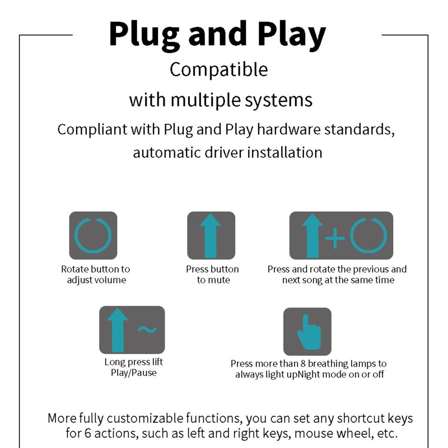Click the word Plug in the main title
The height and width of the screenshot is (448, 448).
[x=144, y=35]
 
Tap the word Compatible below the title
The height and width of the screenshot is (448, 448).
[x=218, y=69]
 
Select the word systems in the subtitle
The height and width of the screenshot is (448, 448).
[x=278, y=100]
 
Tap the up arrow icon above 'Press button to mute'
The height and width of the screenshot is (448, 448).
[x=211, y=236]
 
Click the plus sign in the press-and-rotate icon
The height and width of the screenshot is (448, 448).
[x=335, y=238]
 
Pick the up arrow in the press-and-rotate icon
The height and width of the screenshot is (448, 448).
[x=312, y=236]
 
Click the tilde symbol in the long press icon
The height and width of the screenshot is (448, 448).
[x=147, y=330]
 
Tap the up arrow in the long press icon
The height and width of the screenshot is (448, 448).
[x=118, y=330]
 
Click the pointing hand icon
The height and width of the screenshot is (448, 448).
[x=309, y=332]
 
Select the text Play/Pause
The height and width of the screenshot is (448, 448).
[x=134, y=372]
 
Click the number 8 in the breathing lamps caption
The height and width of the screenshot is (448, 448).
[x=303, y=363]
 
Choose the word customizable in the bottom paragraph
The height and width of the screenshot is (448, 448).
[x=146, y=418]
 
